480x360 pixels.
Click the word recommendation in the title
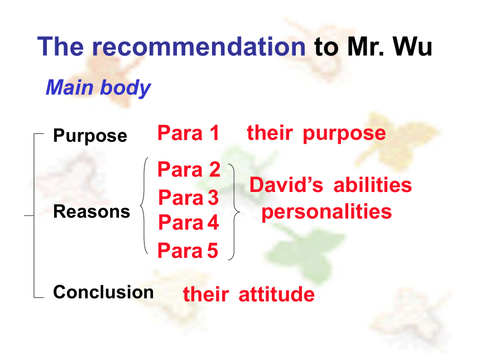coord(199,46)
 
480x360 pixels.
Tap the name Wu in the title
coord(412,46)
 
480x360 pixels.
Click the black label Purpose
coord(90,136)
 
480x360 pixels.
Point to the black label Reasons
coord(92,212)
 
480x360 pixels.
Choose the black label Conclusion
coord(103,292)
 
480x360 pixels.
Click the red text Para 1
coord(188,133)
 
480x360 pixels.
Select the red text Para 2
coord(189,169)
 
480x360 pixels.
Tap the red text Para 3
coord(188,197)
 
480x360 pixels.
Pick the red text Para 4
coord(188,222)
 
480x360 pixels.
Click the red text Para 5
coord(188,250)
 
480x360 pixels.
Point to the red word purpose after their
coord(344,134)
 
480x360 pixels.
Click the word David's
coord(286,185)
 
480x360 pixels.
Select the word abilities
coord(372,185)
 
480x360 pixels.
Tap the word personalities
coord(327,212)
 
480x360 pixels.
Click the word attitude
coord(276,294)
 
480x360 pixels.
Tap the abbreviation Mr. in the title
coord(365,46)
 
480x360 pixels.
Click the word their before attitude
coord(206,294)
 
